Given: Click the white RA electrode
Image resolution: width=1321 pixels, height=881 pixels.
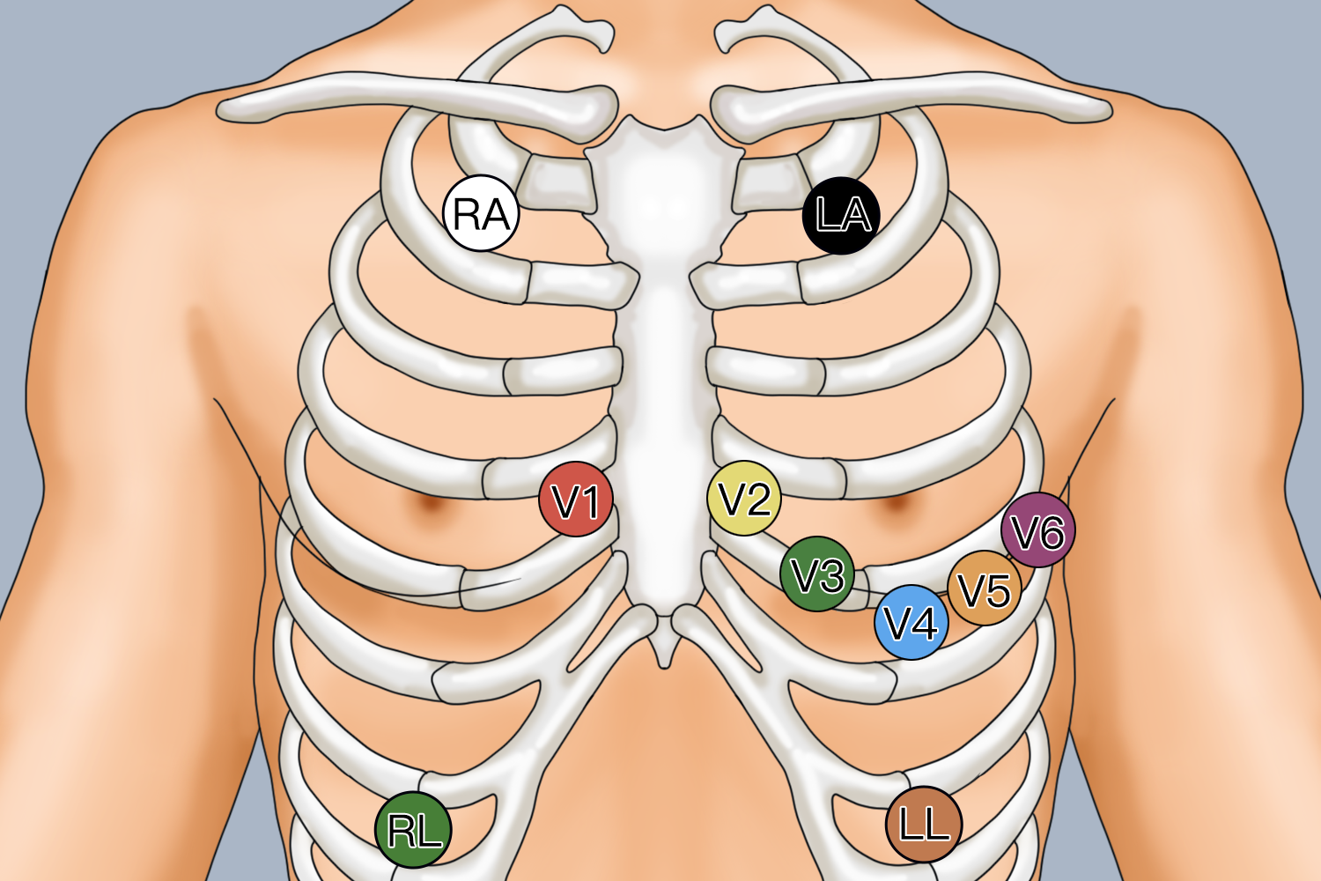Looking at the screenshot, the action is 481,213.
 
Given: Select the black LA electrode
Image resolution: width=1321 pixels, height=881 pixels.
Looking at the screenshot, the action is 842,215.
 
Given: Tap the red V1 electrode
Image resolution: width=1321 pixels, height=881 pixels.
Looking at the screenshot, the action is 576,500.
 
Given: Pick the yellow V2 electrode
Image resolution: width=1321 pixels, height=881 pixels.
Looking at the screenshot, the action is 744,499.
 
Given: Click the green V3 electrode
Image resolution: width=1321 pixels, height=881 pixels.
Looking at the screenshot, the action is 816,574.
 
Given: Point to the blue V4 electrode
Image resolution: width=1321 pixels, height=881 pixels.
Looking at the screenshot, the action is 911,623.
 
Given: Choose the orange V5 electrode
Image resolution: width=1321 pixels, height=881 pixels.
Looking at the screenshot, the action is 985,589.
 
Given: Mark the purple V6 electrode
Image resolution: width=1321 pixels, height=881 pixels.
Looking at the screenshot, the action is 1038,529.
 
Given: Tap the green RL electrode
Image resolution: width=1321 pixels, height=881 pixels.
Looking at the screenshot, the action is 413,830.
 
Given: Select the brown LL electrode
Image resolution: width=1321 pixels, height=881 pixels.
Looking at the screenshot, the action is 924,825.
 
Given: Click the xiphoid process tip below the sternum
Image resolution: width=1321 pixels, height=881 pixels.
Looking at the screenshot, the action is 664,666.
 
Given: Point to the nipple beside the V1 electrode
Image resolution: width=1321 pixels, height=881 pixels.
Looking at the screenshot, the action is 432,503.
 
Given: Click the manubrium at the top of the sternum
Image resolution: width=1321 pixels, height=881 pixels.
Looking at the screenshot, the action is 663,189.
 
